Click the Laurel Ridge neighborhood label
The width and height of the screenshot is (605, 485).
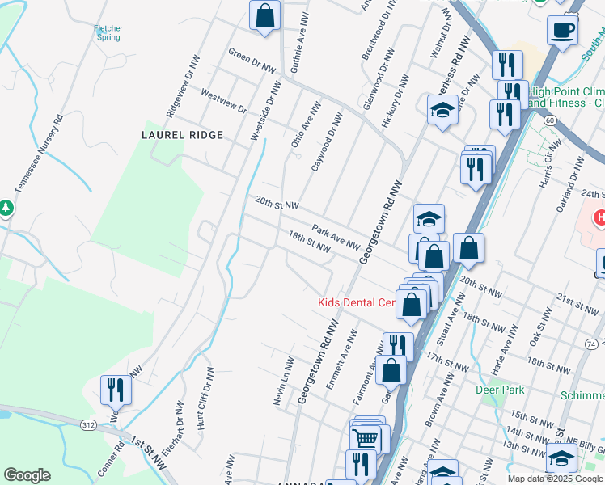pos(182,135)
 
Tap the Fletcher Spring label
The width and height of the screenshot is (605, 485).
pos(108,32)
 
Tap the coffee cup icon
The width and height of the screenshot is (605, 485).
pos(561,31)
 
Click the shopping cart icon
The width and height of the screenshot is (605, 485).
pos(366,440)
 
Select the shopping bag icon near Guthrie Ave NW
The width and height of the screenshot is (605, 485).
pos(264,15)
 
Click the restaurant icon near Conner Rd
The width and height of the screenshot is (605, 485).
pos(116,390)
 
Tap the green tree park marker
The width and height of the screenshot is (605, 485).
pos(6,209)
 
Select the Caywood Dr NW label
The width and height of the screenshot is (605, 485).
pos(327,142)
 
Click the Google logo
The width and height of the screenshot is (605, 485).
pos(27,475)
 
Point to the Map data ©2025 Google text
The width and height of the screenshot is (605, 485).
pos(555,479)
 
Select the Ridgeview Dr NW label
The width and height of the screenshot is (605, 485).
pos(182,84)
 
